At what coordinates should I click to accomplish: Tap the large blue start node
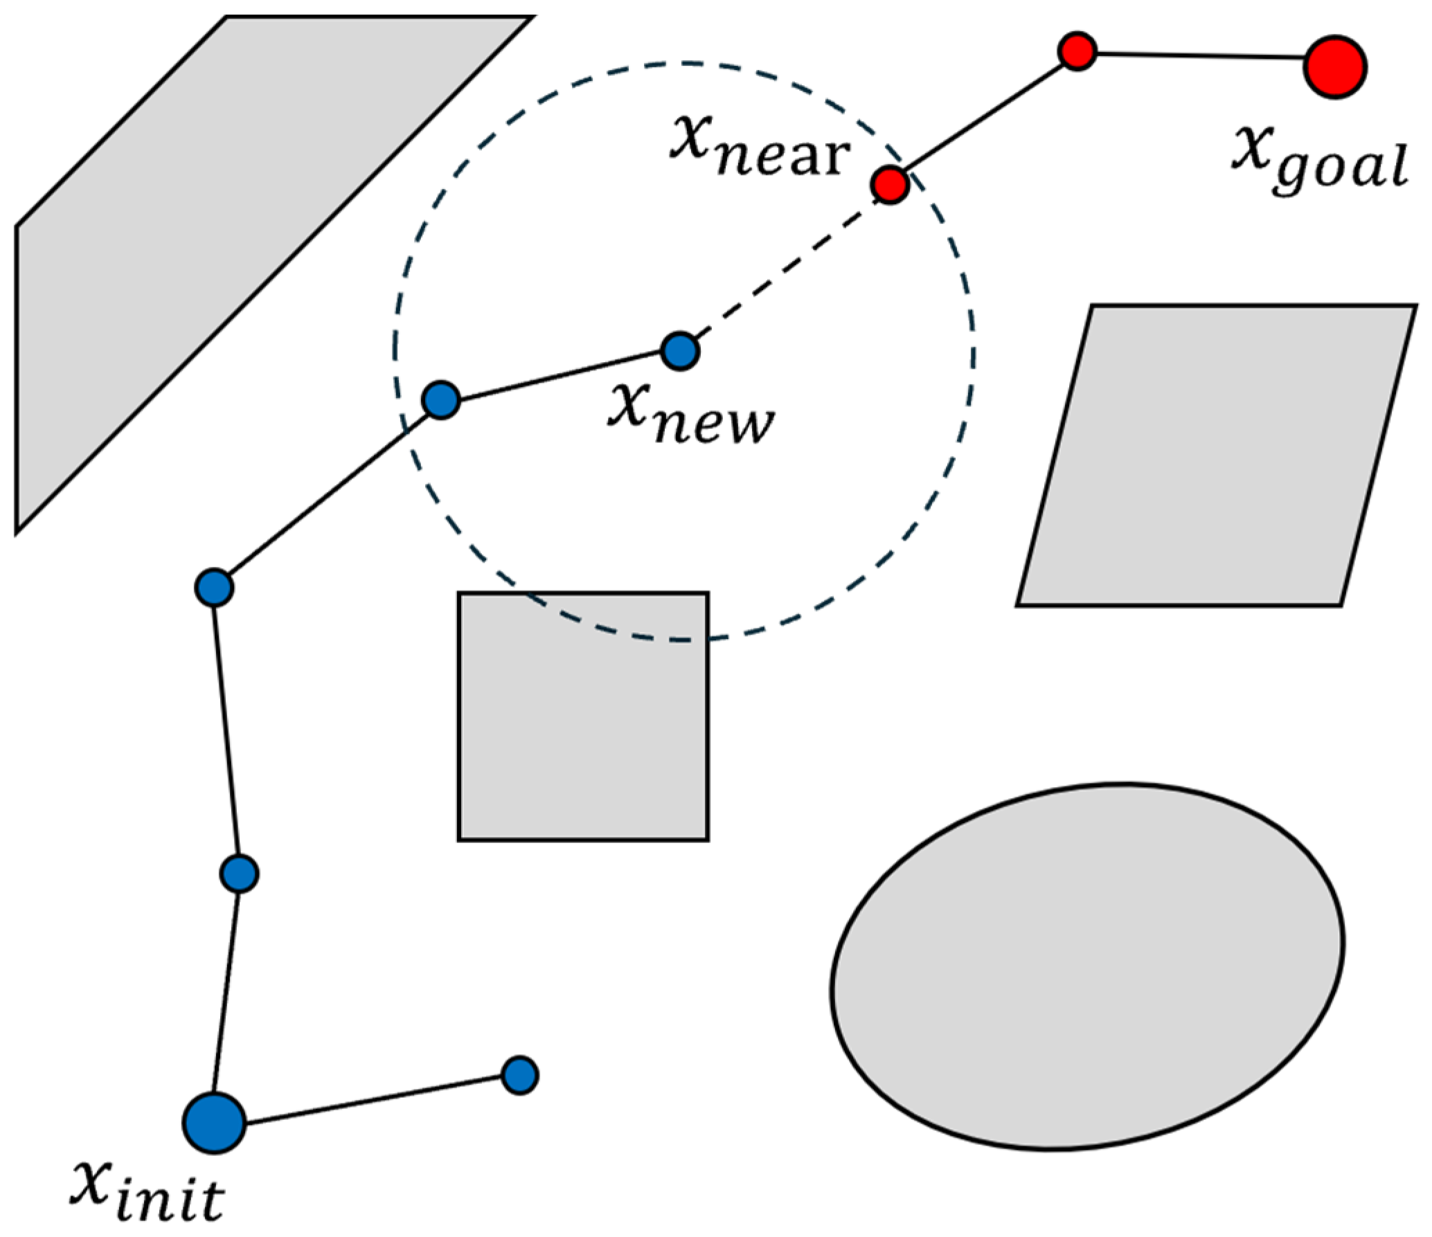point(215,1123)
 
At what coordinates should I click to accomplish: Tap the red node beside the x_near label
point(889,185)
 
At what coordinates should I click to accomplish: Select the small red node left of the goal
point(1077,51)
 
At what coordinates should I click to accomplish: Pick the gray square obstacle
point(583,716)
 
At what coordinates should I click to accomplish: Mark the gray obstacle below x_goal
point(1216,455)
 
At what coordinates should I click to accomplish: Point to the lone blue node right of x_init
point(519,1075)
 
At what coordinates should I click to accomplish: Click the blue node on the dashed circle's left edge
point(441,399)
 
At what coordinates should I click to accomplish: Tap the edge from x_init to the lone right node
point(373,1100)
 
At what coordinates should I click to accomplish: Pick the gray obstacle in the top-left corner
point(276,275)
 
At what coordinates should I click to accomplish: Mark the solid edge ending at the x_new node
point(560,375)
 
